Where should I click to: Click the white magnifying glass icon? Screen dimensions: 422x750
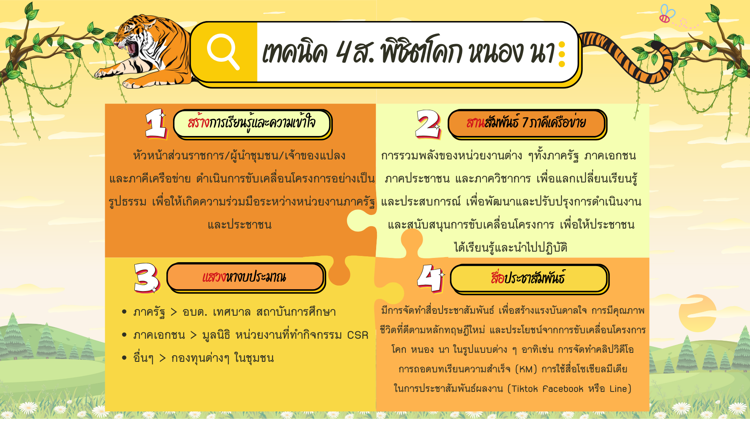point(223,51)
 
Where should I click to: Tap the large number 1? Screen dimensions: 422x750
point(155,123)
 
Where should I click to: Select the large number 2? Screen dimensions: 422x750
point(428,123)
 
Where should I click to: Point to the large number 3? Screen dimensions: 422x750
point(146,277)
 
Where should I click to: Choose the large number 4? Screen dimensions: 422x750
point(430,278)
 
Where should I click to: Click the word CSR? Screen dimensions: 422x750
point(357,335)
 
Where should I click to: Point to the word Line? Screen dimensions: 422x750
point(618,389)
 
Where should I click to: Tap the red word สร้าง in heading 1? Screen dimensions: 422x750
point(198,123)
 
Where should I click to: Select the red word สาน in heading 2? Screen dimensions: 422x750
point(475,123)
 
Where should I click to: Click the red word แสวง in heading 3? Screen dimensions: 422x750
point(214,277)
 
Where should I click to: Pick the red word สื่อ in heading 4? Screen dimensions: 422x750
point(497,278)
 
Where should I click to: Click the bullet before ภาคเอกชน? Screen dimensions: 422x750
point(124,335)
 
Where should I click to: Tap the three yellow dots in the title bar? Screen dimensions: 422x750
point(562,54)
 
